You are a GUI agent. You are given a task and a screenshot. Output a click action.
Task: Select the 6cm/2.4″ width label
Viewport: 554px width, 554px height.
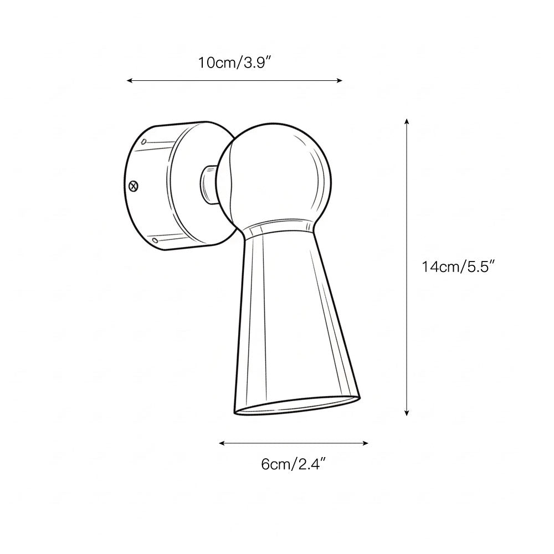[293, 464]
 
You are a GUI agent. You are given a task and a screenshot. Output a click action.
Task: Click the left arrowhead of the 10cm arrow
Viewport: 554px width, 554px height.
[129, 81]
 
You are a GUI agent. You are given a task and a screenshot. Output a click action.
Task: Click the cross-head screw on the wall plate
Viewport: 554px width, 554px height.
[132, 187]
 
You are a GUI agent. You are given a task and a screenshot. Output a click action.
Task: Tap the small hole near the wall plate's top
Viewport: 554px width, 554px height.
[143, 142]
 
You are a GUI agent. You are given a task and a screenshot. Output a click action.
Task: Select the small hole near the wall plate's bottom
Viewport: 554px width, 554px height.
[155, 240]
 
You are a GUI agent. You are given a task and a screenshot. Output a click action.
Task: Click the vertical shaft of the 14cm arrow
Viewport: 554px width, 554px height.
[407, 332]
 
